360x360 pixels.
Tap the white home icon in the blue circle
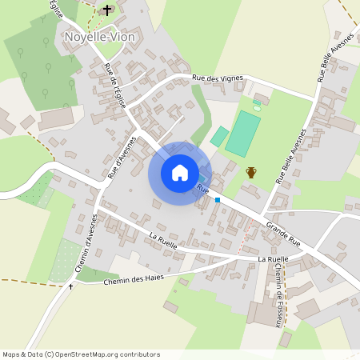coord(180,173)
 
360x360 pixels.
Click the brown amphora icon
coord(251,172)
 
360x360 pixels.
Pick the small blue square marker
coord(217,200)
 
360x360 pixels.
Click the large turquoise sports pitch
coord(243,134)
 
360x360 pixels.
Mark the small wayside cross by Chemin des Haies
coord(70,286)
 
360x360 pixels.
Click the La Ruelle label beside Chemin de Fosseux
coord(273,259)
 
